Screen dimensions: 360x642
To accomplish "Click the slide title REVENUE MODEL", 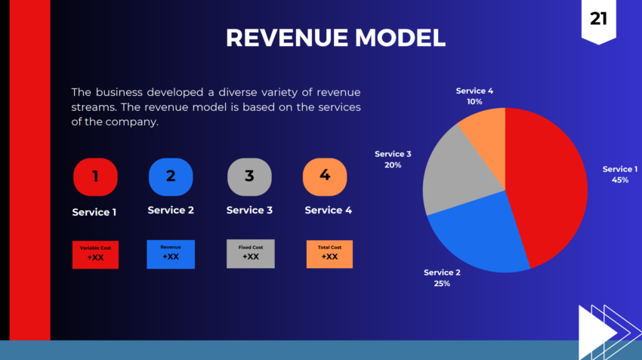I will point(335,38).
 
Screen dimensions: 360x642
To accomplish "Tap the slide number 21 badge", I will point(598,20).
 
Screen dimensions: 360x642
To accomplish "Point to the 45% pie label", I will point(619,180).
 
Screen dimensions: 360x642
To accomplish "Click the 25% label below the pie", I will point(442,284).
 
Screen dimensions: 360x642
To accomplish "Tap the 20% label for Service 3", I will point(393,165).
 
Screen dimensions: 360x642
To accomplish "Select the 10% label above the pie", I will point(474,101).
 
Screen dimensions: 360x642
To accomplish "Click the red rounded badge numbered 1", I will point(95,177).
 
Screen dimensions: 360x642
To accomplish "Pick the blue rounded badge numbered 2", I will point(171,177).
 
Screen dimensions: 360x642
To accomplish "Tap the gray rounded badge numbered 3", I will point(249,177).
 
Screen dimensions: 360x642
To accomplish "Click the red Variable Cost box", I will point(95,254).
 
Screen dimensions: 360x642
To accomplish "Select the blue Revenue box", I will point(171,254).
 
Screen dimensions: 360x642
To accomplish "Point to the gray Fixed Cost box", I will point(251,254).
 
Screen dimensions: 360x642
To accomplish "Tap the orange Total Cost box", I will point(329,254).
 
